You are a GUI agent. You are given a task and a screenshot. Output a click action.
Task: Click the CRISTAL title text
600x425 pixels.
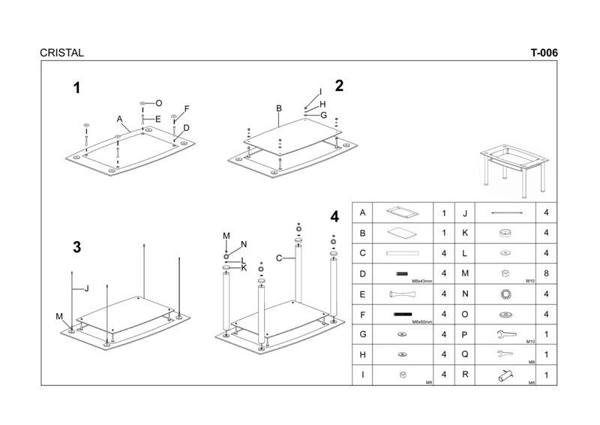click(x=62, y=53)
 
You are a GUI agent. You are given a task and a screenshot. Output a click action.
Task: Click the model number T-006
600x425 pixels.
click(x=544, y=53)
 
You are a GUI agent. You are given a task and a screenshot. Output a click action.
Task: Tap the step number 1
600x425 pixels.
click(x=76, y=89)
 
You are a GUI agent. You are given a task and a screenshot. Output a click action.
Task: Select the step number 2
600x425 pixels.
click(x=339, y=86)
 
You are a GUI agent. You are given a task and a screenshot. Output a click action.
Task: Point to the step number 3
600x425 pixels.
click(x=76, y=247)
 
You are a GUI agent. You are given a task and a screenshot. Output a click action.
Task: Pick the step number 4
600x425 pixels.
click(x=334, y=217)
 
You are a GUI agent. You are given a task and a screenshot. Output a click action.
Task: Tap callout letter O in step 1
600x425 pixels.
click(x=159, y=102)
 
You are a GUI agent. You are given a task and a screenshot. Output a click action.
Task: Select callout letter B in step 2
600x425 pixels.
click(x=278, y=109)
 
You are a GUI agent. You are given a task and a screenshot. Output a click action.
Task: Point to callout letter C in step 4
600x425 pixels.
click(x=278, y=258)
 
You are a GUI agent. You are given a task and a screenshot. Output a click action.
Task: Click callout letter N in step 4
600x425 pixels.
click(x=244, y=244)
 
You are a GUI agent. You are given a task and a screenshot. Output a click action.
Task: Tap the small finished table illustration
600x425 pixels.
click(x=517, y=164)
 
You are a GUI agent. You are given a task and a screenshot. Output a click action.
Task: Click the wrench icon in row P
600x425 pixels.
click(x=507, y=334)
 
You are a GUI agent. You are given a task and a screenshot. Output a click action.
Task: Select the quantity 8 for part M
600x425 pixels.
click(x=546, y=273)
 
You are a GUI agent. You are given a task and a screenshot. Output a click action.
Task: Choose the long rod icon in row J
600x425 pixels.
click(x=507, y=213)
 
